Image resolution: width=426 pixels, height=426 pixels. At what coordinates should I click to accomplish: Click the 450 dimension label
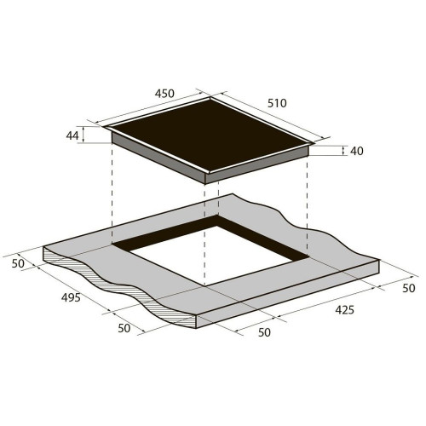pyautogui.click(x=164, y=93)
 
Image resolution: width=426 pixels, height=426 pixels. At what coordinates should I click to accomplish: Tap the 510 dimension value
pyautogui.click(x=277, y=103)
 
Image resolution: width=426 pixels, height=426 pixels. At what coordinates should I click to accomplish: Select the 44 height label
pyautogui.click(x=72, y=135)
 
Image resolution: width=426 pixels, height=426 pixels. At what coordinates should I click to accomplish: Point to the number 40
pyautogui.click(x=357, y=151)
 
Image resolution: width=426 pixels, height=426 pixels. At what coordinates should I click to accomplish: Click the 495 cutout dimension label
pyautogui.click(x=71, y=297)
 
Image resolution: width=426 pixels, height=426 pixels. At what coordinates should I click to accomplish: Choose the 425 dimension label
pyautogui.click(x=345, y=310)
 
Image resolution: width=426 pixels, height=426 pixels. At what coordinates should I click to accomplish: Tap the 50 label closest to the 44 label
pyautogui.click(x=18, y=263)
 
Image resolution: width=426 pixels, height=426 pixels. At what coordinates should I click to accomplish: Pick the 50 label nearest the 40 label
pyautogui.click(x=409, y=288)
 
